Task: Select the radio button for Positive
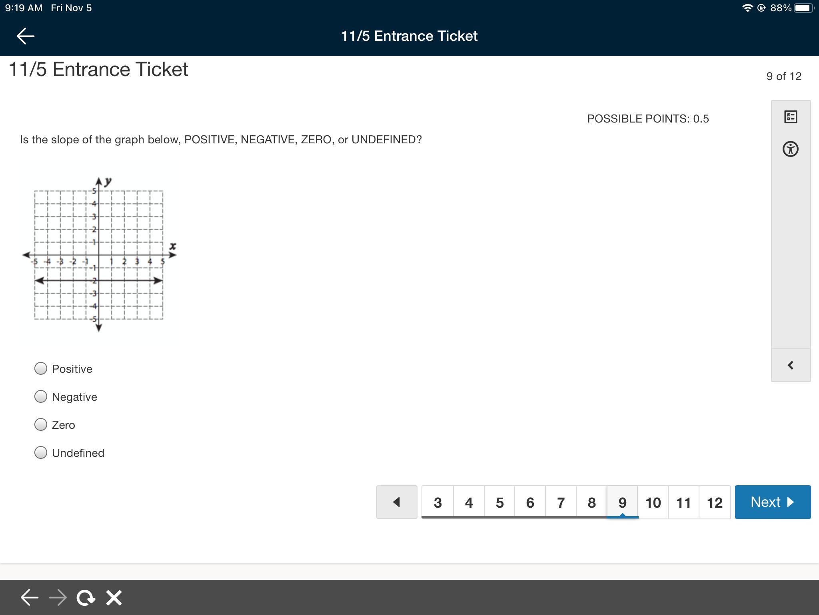click(x=41, y=368)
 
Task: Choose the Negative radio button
click(x=41, y=396)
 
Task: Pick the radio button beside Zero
click(x=41, y=424)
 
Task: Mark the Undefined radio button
click(x=41, y=452)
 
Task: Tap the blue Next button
click(x=773, y=502)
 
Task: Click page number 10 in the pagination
click(x=653, y=502)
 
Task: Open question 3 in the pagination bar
click(x=438, y=502)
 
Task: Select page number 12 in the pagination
click(x=715, y=502)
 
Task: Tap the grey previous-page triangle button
click(x=397, y=502)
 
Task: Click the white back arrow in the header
click(x=26, y=36)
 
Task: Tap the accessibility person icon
click(x=791, y=149)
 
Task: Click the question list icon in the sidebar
click(x=791, y=117)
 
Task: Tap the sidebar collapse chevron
click(x=791, y=365)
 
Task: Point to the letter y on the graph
click(x=108, y=181)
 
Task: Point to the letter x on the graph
click(x=172, y=246)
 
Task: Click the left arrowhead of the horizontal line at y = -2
click(x=39, y=281)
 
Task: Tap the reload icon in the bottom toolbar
click(x=86, y=598)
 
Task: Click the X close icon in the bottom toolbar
click(x=114, y=598)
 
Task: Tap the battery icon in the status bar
click(x=804, y=8)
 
